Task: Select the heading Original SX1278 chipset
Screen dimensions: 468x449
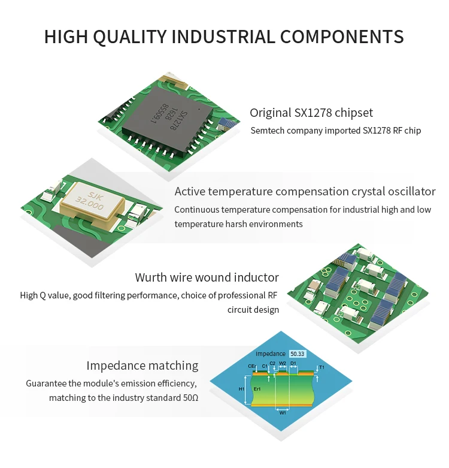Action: tap(311, 113)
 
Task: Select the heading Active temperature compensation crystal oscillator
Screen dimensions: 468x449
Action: tap(305, 192)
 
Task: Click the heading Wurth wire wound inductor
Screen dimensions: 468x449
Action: tap(207, 277)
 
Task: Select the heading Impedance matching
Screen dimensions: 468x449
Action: tap(142, 366)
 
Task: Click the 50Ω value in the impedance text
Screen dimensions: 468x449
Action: tap(190, 398)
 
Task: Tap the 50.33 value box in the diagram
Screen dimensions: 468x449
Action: tap(298, 354)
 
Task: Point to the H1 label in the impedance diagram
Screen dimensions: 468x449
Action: tap(241, 389)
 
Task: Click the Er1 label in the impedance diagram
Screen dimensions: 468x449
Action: tap(258, 389)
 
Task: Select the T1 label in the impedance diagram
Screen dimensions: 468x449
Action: tap(321, 367)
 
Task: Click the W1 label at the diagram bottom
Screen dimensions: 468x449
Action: tap(283, 412)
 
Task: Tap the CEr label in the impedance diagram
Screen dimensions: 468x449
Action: tap(251, 366)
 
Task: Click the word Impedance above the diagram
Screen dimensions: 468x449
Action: tap(270, 354)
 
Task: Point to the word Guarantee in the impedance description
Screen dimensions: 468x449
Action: tap(47, 383)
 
